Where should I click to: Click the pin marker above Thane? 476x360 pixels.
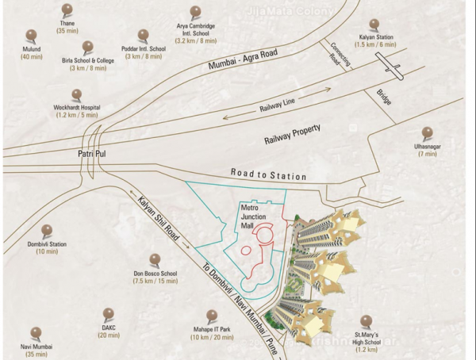click(x=66, y=10)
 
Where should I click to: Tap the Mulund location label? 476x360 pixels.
click(x=31, y=52)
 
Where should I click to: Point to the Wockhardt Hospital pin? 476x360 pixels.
click(x=79, y=94)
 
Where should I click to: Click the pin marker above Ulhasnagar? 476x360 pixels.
click(x=427, y=132)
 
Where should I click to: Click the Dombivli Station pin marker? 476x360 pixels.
click(x=48, y=230)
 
